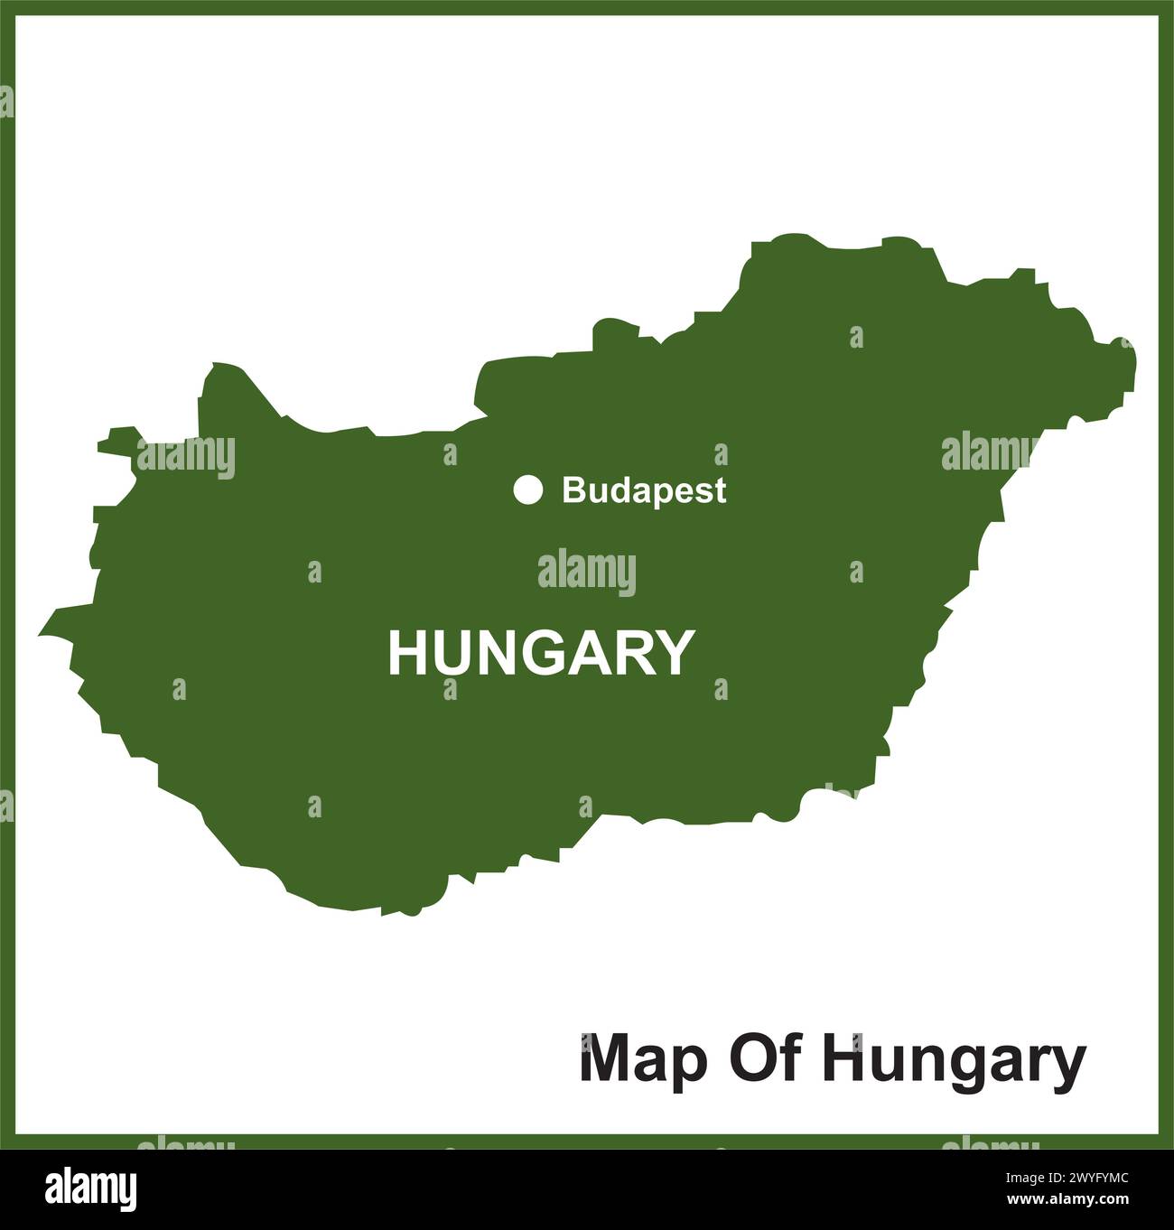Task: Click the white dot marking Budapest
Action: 528,489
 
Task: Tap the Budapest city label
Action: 643,490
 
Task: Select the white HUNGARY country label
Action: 541,653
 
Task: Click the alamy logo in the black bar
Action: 92,1187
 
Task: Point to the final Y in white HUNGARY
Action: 676,653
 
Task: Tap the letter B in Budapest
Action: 572,490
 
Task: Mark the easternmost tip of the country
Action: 1135,361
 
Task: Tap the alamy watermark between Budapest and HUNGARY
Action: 587,573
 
